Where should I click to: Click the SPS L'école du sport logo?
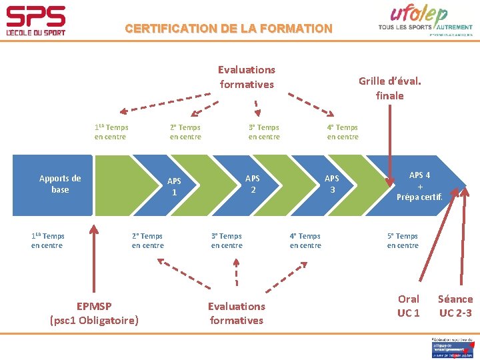[x=36, y=21]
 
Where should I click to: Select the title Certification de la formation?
[x=228, y=29]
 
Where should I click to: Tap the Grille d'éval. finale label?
[x=389, y=88]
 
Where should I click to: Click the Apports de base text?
[x=60, y=183]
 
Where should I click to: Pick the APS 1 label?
[x=174, y=186]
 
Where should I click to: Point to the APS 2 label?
[x=253, y=183]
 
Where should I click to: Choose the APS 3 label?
[x=331, y=183]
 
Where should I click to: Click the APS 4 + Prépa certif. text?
[x=419, y=186]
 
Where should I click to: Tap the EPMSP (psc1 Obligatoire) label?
[x=94, y=313]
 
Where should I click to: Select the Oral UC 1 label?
[x=408, y=305]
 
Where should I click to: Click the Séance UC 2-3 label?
[x=455, y=305]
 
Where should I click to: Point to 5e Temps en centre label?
[x=403, y=241]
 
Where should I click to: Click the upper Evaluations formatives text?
[x=247, y=77]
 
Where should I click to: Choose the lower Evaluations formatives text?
[x=236, y=313]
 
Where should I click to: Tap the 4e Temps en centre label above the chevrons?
[x=342, y=132]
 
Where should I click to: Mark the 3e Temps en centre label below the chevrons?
[x=227, y=241]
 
